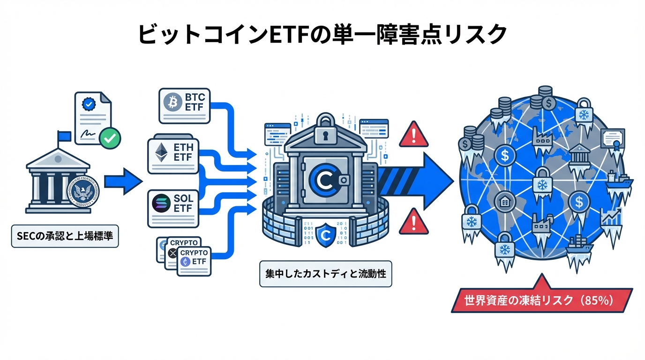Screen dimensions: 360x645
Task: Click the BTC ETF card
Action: [x=185, y=106]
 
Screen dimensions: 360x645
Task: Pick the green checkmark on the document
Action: [x=111, y=138]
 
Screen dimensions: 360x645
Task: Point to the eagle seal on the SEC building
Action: [x=84, y=192]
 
